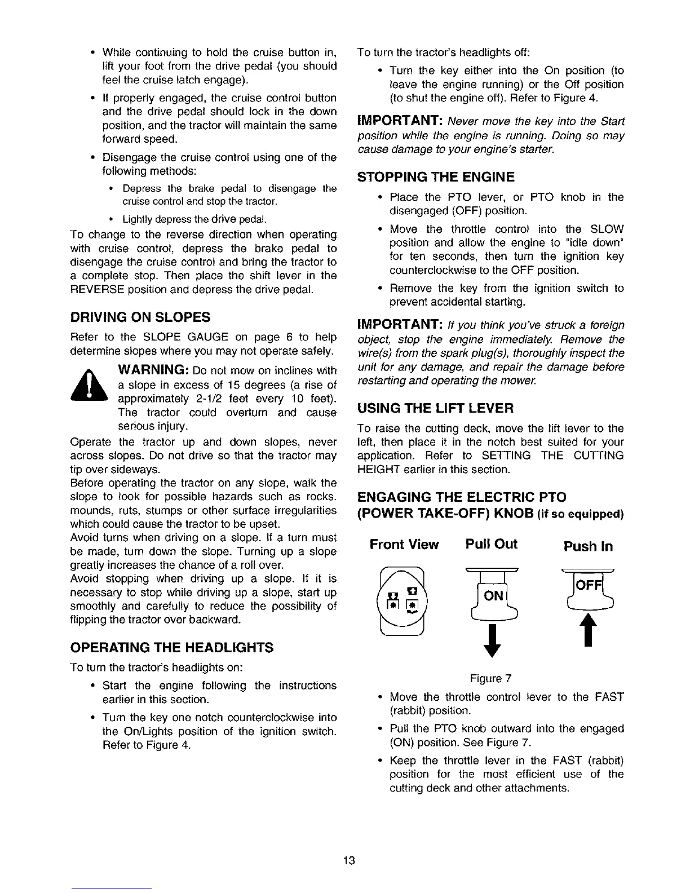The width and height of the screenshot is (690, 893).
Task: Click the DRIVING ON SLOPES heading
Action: click(140, 317)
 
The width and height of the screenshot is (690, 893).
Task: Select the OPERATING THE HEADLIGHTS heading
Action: click(172, 647)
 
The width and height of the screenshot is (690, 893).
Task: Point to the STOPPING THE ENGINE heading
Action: click(436, 178)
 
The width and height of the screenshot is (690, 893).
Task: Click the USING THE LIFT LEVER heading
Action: click(436, 408)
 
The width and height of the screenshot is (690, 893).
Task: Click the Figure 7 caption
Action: click(489, 678)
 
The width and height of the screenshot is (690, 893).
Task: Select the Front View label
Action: click(404, 545)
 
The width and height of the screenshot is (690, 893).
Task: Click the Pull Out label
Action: click(491, 544)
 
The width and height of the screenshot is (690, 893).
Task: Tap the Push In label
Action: click(588, 546)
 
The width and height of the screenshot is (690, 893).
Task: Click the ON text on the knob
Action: click(493, 596)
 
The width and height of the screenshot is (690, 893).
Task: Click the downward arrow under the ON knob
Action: click(493, 640)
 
